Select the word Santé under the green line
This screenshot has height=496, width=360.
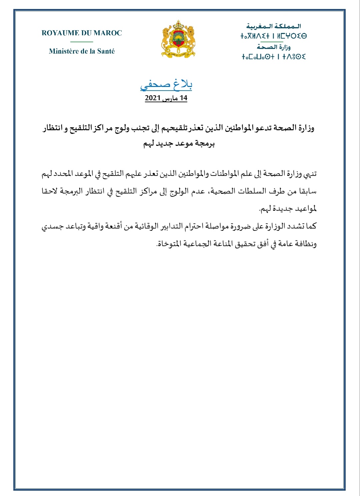[x=106, y=51]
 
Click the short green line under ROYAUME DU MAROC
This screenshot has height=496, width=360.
[x=82, y=42]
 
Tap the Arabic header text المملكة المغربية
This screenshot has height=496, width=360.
[x=274, y=26]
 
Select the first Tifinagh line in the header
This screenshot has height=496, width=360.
[x=274, y=36]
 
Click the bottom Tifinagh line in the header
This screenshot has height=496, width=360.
[x=274, y=57]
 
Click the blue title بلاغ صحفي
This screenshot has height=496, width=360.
[x=166, y=85]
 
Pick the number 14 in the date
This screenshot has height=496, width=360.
[x=183, y=98]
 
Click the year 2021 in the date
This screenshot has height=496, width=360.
[x=153, y=98]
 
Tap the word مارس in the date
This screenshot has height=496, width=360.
[x=170, y=99]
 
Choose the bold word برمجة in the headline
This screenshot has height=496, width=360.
[x=205, y=144]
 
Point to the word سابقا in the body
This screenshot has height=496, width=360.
[x=307, y=191]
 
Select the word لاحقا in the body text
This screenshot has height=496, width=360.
[x=50, y=191]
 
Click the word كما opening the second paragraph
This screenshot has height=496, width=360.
[x=311, y=226]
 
